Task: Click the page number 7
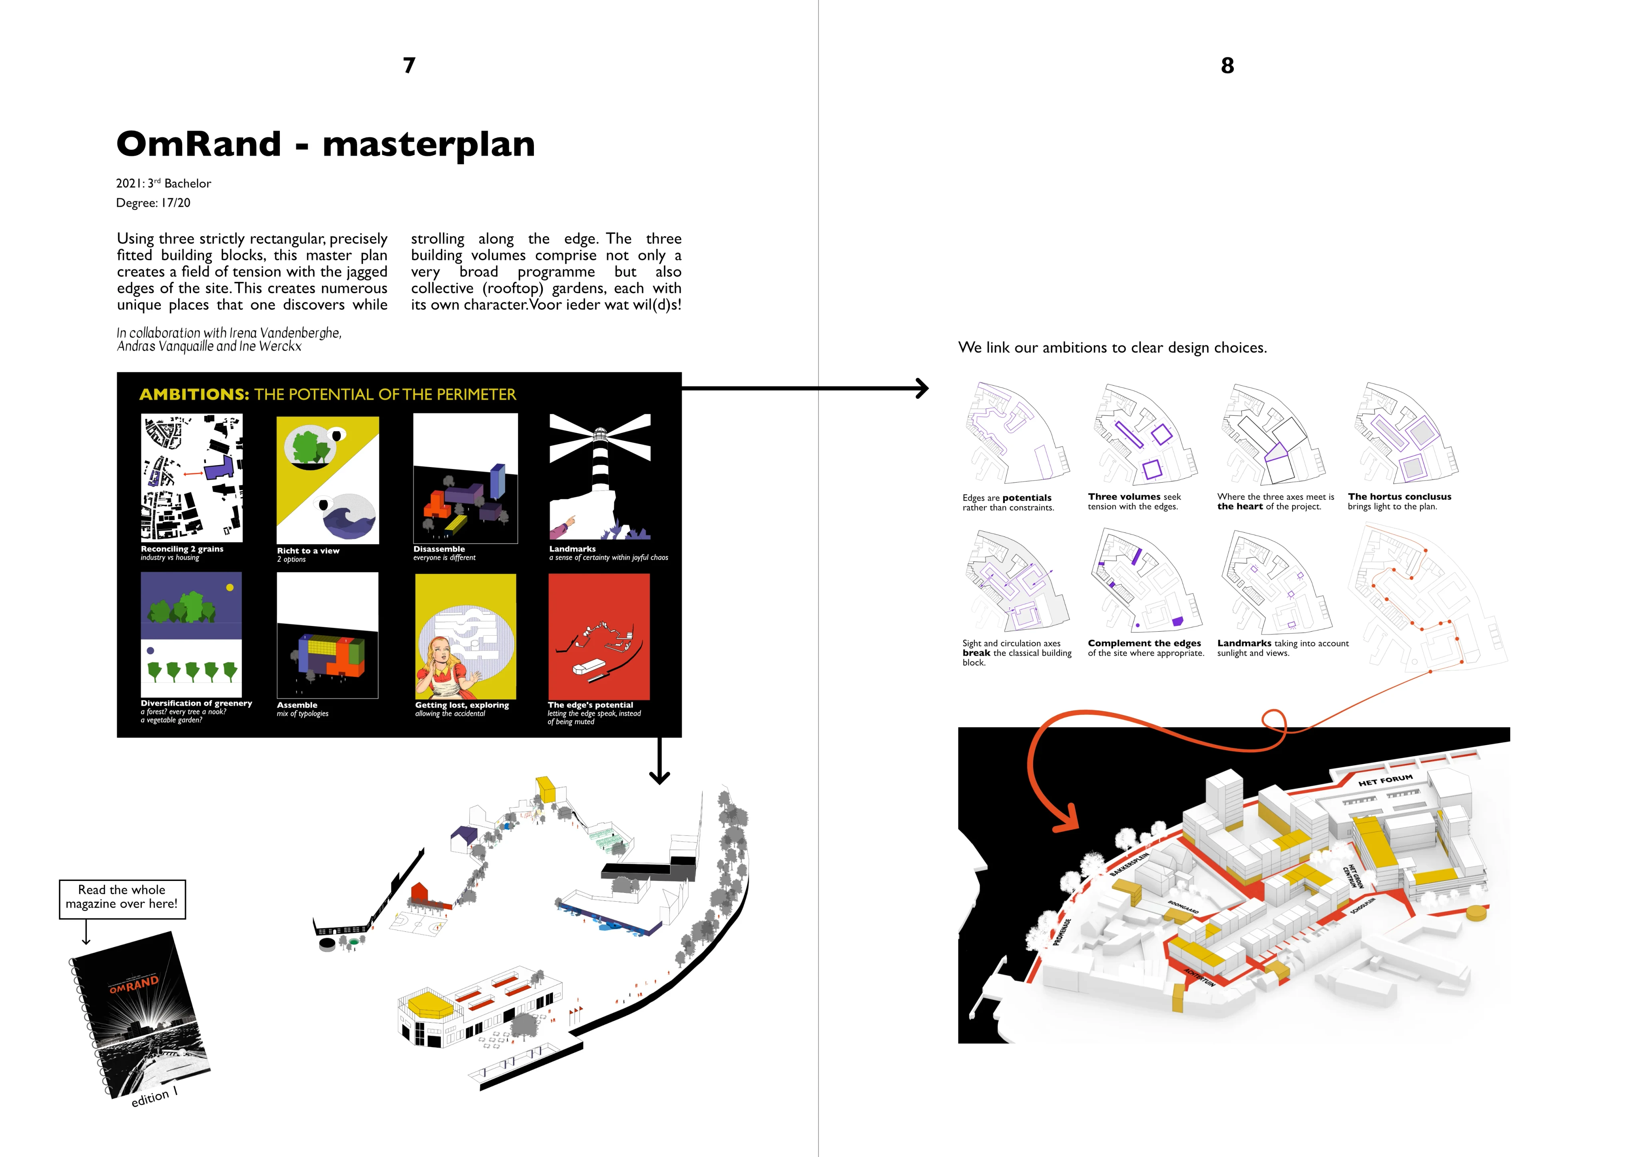point(408,66)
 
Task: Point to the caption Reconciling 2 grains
point(182,549)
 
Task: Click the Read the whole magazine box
point(122,897)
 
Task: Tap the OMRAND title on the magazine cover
point(134,984)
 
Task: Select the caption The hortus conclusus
point(1399,497)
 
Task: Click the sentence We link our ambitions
point(1112,348)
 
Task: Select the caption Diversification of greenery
point(196,704)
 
